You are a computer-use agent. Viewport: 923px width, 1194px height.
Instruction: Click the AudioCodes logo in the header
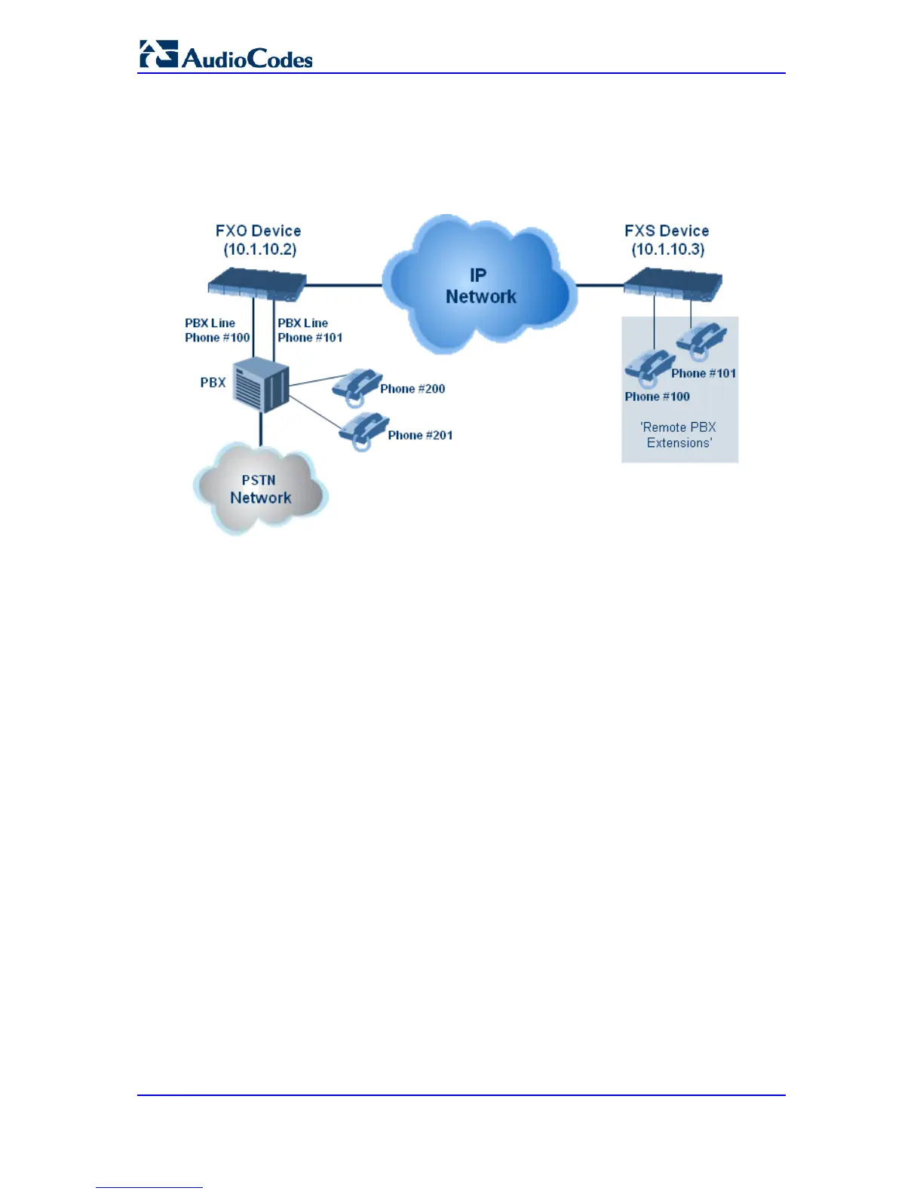[x=225, y=55]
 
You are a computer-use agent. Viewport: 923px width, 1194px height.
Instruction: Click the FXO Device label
[x=258, y=231]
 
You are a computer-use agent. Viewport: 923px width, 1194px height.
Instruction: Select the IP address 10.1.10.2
[x=259, y=250]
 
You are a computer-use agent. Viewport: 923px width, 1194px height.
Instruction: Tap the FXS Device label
[x=667, y=231]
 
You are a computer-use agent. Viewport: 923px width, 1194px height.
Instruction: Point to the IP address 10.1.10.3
[x=668, y=250]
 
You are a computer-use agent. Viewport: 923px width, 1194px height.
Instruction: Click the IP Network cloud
[x=480, y=285]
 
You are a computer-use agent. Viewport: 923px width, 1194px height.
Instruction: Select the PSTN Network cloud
[x=260, y=489]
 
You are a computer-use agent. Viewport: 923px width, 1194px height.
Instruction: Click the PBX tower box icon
[x=261, y=385]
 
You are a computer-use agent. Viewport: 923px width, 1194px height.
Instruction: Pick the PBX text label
[x=213, y=382]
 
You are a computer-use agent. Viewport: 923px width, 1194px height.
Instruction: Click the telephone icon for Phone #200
[x=356, y=385]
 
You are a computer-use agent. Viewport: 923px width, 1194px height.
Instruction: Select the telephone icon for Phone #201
[x=363, y=430]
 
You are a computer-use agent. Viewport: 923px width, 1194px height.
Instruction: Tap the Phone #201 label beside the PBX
[x=420, y=435]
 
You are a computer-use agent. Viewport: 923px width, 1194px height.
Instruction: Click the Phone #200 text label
[x=412, y=389]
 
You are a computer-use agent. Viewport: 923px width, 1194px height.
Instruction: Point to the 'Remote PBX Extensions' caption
[x=679, y=435]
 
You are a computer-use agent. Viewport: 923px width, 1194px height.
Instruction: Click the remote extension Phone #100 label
[x=657, y=396]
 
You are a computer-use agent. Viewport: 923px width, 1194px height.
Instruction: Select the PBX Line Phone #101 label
[x=310, y=330]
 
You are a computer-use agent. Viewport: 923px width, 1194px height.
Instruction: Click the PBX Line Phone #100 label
[x=217, y=330]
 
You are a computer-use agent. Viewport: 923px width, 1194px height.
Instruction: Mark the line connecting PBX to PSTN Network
[x=261, y=429]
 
